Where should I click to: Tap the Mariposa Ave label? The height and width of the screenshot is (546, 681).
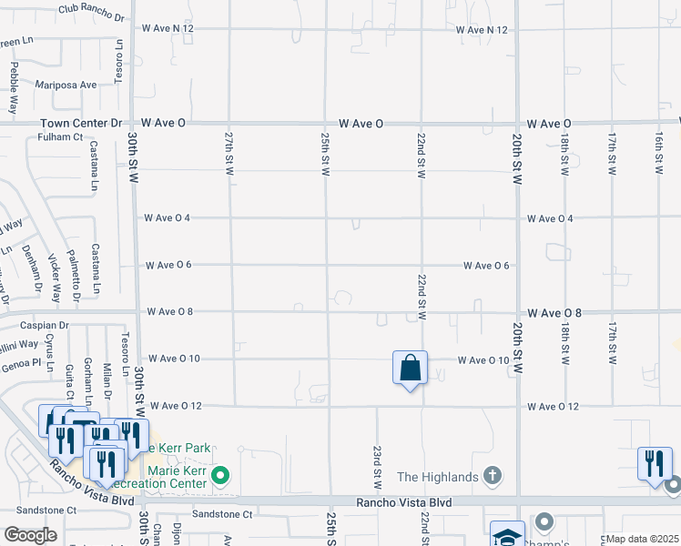coord(66,85)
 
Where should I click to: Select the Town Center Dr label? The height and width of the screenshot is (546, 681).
coord(79,123)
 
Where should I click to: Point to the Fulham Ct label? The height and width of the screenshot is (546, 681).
coord(61,137)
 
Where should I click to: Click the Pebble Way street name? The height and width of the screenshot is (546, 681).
coord(14,86)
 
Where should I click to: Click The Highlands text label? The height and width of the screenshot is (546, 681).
coord(437,476)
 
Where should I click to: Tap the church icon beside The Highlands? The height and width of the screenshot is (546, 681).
coord(492,475)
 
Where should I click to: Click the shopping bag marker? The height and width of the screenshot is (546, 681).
coord(411,369)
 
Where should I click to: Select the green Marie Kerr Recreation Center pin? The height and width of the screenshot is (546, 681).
coord(219,475)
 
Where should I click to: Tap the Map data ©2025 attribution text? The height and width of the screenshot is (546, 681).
coord(642,539)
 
